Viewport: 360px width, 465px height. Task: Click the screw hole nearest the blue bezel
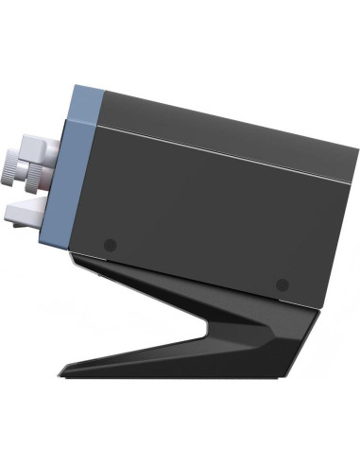[110, 244]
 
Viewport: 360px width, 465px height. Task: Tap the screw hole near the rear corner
[281, 284]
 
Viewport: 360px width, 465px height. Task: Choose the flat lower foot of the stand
[189, 364]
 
